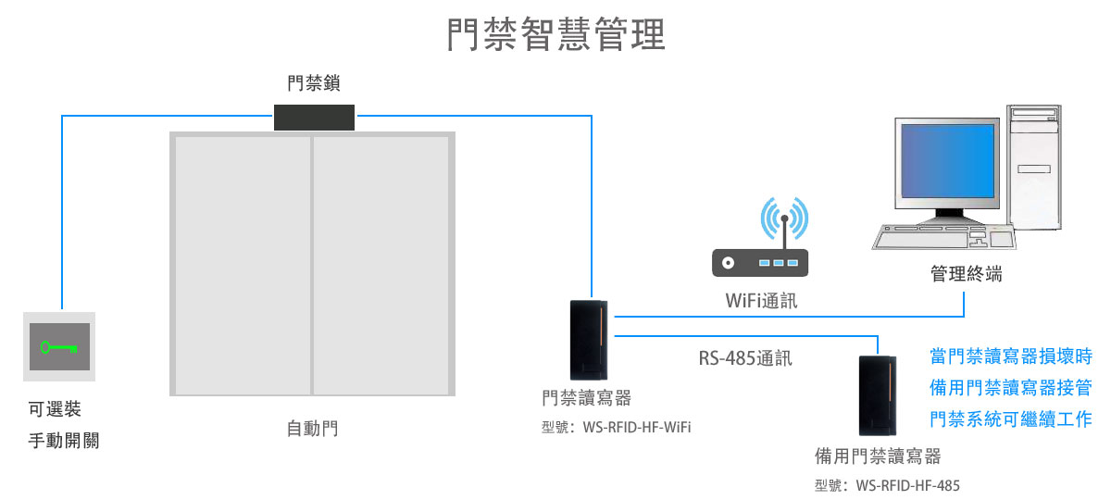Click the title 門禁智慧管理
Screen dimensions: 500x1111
click(x=555, y=36)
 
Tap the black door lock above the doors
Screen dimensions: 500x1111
click(x=315, y=117)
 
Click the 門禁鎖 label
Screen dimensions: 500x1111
click(x=314, y=84)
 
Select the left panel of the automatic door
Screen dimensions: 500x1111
click(x=242, y=264)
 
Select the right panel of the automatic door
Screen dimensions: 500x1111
click(x=381, y=264)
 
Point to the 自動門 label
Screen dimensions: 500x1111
click(x=312, y=429)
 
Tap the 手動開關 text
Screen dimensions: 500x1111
click(x=64, y=441)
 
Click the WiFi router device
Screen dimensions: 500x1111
click(x=759, y=263)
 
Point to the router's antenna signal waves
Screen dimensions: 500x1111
click(x=784, y=219)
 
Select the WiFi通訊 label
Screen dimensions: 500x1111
click(x=761, y=301)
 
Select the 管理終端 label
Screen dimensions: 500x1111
click(x=966, y=274)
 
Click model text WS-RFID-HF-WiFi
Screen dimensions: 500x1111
click(x=617, y=428)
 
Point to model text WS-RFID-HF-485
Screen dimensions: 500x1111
click(x=887, y=484)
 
